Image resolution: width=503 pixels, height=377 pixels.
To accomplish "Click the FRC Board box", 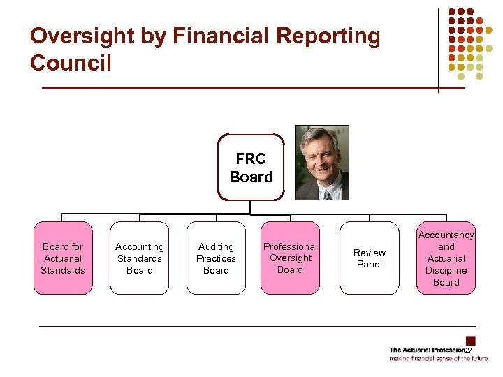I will pos(251,168).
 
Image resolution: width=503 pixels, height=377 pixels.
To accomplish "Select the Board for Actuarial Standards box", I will pos(63,258).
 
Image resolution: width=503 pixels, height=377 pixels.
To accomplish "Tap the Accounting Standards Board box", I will pos(140,258).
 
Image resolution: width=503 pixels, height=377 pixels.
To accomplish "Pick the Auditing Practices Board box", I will pos(216,258).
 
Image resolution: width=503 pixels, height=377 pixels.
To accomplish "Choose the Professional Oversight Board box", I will pos(290,258).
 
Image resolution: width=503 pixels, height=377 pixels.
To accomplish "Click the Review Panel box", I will pos(370,258).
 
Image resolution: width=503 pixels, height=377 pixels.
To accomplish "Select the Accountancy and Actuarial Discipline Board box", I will pos(446,258).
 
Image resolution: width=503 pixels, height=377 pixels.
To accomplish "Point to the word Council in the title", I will pos(71,64).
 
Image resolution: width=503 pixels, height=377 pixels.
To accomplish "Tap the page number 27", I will pos(469,350).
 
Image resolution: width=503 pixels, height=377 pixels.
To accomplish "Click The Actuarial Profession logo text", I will pos(426,350).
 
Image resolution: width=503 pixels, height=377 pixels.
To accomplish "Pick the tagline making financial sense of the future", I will pos(439,359).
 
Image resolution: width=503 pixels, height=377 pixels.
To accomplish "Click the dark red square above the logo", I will pos(471,341).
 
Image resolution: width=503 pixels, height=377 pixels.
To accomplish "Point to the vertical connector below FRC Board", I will pos(250,208).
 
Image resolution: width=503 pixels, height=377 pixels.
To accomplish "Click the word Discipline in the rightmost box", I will pos(446,270).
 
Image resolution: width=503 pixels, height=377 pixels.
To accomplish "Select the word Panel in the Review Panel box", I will pos(370,265).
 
